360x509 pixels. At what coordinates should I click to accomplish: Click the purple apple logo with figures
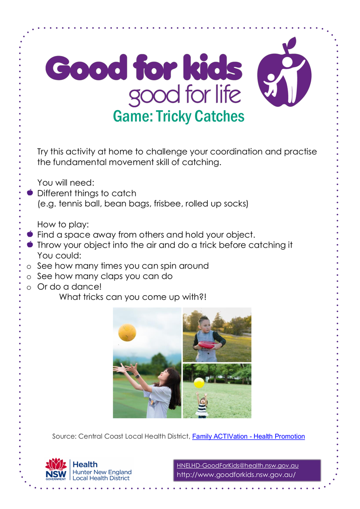coord(284,72)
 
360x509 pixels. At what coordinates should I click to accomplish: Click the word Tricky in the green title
coord(173,116)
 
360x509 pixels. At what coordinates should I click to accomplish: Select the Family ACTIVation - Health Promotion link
coord(248,436)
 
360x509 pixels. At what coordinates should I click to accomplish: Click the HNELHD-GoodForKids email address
coord(237,466)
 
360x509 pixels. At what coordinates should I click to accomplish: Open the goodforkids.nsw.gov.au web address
coord(236,475)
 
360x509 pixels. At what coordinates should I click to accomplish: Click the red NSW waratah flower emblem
coord(56,464)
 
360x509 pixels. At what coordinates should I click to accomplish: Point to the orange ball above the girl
coord(127,333)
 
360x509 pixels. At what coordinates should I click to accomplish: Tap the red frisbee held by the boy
coord(207,344)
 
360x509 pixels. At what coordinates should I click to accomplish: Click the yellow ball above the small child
coord(199,383)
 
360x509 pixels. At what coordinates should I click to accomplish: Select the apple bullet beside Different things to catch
coord(30,193)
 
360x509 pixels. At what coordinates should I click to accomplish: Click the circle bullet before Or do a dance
coord(29,288)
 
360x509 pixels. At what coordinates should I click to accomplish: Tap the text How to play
coord(63,224)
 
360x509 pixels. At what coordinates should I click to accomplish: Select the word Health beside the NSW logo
coord(85,464)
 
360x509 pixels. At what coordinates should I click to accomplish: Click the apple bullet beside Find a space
coord(30,234)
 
